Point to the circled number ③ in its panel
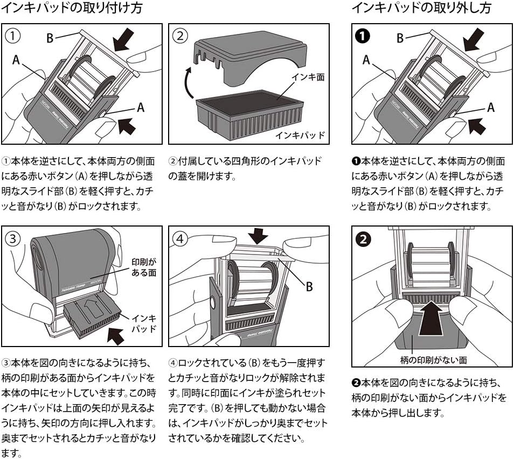[12, 237]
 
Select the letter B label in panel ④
[309, 287]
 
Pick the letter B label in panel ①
[50, 38]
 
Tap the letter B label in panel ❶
[400, 38]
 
